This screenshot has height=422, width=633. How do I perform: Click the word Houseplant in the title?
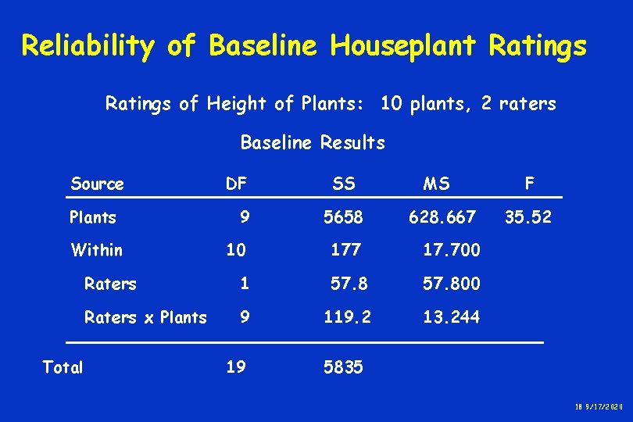[402, 47]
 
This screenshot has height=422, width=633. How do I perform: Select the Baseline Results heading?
[313, 143]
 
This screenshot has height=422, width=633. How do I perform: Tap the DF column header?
[236, 184]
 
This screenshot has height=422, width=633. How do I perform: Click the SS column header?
[343, 184]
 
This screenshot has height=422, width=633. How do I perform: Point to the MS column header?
[436, 184]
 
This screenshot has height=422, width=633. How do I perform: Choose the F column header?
[530, 184]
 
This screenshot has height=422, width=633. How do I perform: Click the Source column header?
[97, 184]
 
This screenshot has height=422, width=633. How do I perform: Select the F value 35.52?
[527, 217]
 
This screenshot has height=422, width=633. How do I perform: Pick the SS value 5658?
[343, 217]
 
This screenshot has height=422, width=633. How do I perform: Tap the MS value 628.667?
[442, 217]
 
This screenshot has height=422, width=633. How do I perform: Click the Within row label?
[97, 250]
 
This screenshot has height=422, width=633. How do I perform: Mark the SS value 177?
[345, 250]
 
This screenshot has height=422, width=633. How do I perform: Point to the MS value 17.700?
[452, 250]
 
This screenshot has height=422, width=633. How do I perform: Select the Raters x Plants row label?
[145, 317]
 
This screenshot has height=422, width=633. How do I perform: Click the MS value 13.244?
[452, 317]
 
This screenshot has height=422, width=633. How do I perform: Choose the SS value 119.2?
[348, 317]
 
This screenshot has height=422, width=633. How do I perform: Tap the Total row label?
[63, 367]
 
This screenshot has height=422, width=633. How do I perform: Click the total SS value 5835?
[344, 367]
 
